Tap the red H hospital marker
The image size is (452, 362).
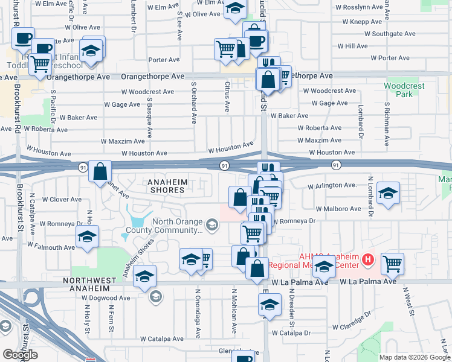[369, 260]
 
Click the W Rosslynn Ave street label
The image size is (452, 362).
[361, 7]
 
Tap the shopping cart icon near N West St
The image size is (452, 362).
[393, 263]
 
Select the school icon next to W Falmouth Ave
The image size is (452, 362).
[88, 238]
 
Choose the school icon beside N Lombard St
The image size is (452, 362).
[387, 192]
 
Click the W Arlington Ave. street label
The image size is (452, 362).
[332, 186]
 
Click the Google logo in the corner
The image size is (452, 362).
[20, 355]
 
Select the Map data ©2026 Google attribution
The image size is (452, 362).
[414, 357]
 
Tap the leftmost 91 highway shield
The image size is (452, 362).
[83, 165]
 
